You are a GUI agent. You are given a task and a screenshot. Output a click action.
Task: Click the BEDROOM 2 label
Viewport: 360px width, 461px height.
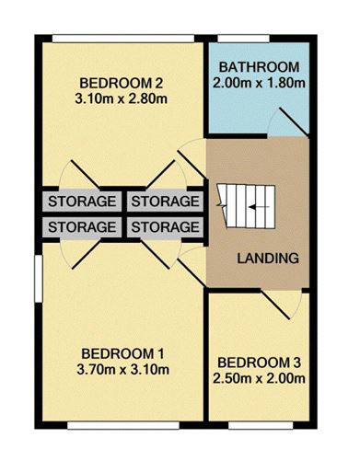tap(121, 83)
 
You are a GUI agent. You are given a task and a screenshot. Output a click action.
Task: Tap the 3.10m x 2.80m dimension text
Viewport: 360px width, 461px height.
tap(121, 99)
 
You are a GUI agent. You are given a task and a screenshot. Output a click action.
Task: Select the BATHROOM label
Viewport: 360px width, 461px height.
tap(259, 67)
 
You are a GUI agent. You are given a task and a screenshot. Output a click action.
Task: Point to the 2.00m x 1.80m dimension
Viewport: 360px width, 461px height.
tap(259, 83)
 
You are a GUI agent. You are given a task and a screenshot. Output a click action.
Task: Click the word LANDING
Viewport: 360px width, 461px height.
tap(268, 259)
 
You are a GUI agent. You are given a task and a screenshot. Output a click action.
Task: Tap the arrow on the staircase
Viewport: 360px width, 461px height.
tap(259, 207)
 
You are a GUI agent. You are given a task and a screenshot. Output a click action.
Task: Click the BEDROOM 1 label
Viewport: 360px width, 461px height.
tap(122, 354)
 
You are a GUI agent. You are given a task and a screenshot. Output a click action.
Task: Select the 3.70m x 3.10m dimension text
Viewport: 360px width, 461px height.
tap(122, 370)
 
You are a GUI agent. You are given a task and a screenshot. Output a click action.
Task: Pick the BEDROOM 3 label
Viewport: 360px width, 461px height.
tap(259, 363)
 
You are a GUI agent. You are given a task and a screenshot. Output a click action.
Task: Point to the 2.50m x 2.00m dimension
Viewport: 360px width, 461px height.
tap(259, 379)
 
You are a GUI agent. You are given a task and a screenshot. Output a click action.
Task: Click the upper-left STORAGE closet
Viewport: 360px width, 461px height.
tap(82, 202)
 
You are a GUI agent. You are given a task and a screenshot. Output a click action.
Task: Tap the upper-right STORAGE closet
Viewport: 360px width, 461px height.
tap(165, 202)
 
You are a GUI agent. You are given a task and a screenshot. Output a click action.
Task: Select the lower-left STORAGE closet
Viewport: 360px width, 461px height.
tap(82, 227)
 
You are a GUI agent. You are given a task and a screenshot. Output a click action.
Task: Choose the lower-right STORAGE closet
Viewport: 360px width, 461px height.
tap(165, 227)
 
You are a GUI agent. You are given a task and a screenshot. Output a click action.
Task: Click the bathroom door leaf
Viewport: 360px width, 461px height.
tap(294, 121)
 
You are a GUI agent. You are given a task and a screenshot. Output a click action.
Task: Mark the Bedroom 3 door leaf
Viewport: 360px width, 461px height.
tap(275, 305)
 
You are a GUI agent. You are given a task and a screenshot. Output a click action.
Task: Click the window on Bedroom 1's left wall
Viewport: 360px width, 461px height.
tap(38, 279)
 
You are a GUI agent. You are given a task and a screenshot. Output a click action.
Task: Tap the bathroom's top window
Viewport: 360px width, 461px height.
tap(243, 39)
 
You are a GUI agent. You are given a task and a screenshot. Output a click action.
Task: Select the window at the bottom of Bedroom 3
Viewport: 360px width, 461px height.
tap(261, 425)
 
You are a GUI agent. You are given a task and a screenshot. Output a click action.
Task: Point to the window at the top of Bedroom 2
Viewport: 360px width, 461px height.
tap(123, 39)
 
